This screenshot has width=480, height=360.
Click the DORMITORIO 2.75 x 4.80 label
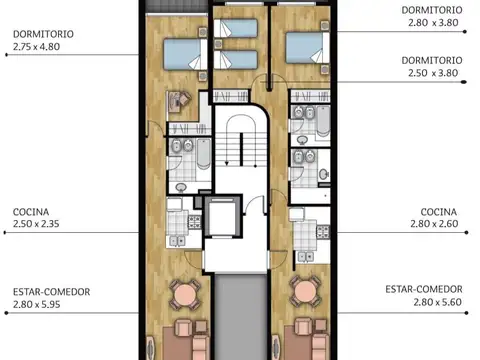(x=43, y=39)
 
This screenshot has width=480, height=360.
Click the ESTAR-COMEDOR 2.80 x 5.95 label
(x=52, y=297)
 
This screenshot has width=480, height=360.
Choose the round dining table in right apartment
(x=305, y=293)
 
